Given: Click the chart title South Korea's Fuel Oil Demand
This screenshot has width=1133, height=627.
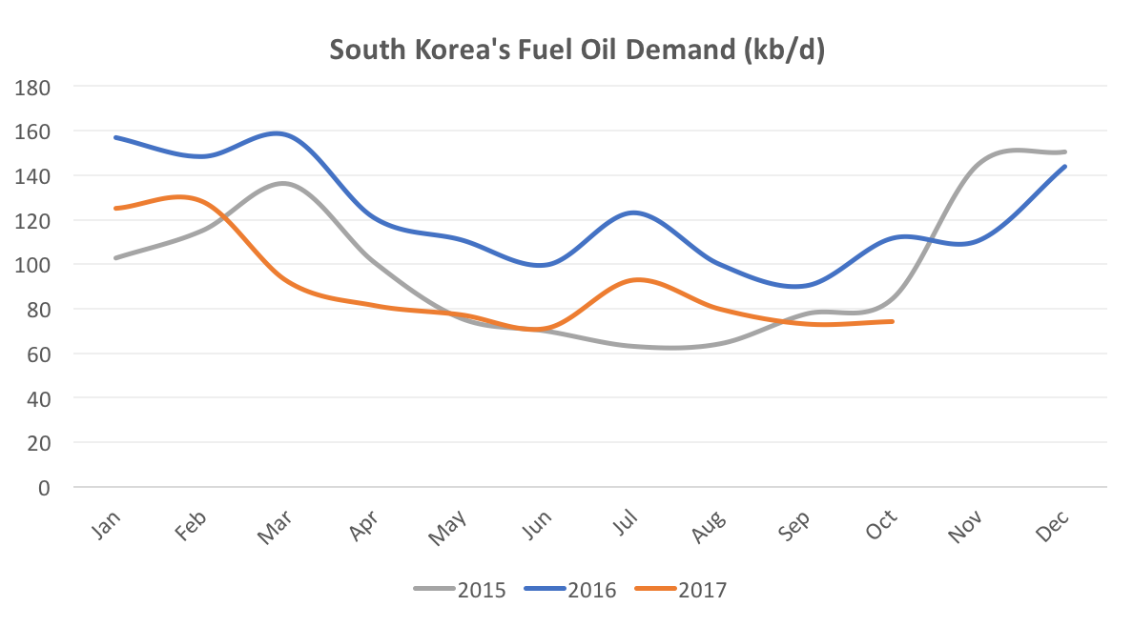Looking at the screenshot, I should [x=577, y=50].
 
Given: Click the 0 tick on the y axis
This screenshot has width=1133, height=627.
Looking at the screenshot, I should [x=43, y=488].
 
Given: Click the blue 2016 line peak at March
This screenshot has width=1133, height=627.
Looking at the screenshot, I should [x=280, y=133].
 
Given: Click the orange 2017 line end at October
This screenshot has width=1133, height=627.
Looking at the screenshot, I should [x=892, y=321].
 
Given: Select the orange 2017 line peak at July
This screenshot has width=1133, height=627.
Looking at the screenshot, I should [x=636, y=279].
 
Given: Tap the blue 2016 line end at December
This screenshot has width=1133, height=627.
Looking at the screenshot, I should [x=1064, y=166].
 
